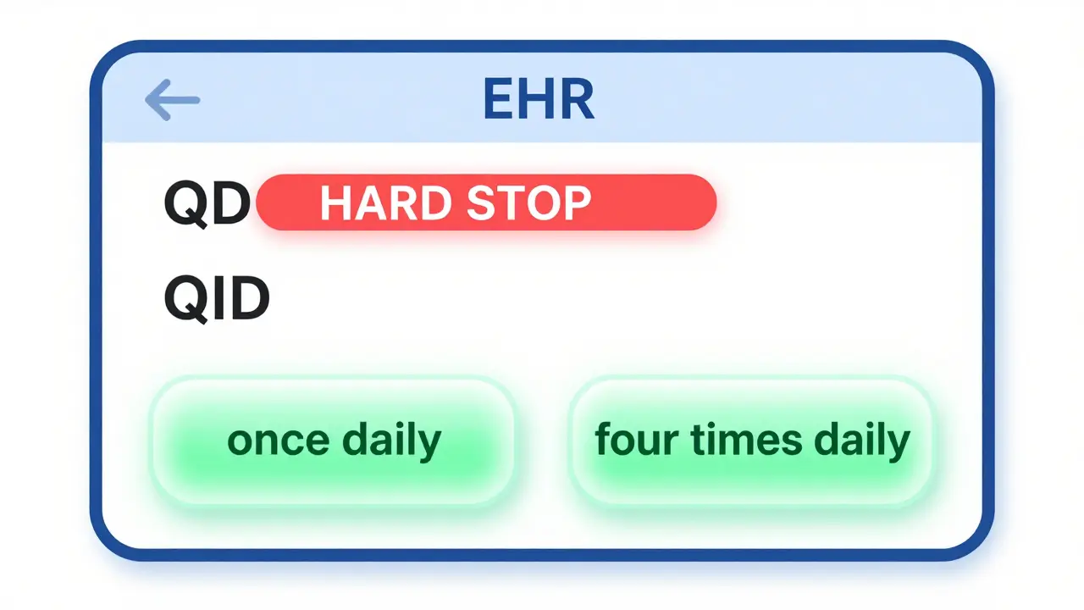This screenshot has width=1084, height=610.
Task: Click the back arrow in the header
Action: (x=173, y=100)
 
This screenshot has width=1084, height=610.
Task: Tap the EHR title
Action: (x=539, y=100)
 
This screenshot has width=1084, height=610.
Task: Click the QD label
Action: (x=207, y=204)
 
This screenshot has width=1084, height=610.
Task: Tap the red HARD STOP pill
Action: (x=486, y=202)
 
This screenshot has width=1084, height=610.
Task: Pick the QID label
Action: (x=217, y=298)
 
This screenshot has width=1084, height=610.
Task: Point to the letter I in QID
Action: (x=216, y=298)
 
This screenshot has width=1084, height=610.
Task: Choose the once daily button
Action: (x=333, y=441)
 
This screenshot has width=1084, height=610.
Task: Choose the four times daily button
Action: (x=751, y=441)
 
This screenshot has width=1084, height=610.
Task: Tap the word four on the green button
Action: (x=625, y=441)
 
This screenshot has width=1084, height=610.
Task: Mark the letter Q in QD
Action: (x=186, y=204)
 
